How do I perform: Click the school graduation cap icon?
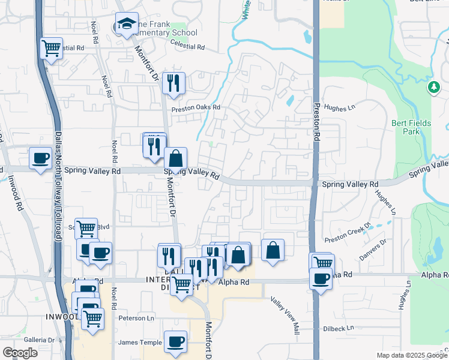tap(127, 24)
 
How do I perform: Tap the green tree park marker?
tap(433, 88)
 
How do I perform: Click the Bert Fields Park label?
tap(411, 127)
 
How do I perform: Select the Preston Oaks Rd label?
tap(196, 109)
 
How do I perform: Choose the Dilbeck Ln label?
tap(337, 328)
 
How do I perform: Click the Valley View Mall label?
tap(284, 316)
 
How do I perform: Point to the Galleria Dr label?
tap(40, 340)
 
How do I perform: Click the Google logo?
tap(20, 353)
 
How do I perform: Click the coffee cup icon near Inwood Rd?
tap(41, 158)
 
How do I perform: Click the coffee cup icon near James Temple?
tap(175, 341)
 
